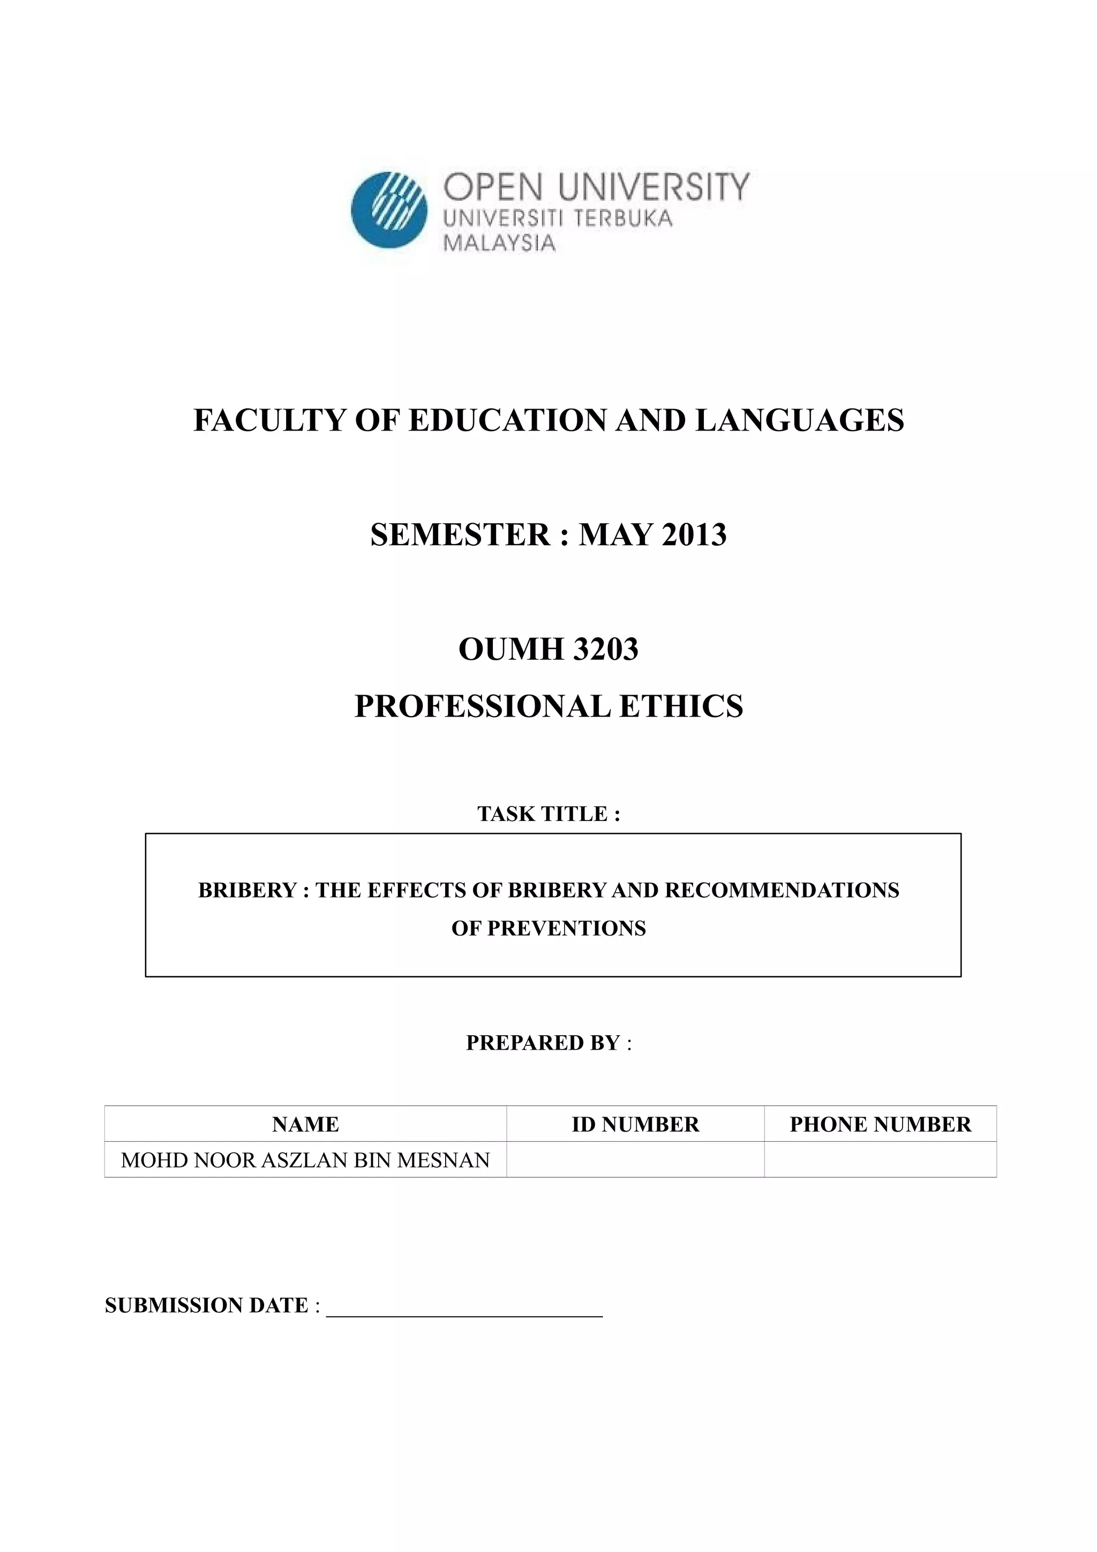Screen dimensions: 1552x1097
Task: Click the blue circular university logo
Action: coord(389,209)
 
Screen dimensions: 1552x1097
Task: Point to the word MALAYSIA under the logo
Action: coord(499,243)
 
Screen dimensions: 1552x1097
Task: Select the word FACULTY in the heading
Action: coord(268,420)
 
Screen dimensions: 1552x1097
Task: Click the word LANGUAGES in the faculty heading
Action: coord(800,420)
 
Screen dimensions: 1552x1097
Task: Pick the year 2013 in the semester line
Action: coord(694,534)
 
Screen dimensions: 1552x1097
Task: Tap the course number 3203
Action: coord(604,650)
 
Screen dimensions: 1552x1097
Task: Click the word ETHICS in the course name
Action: coord(681,706)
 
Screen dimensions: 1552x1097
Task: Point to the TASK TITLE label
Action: coord(548,813)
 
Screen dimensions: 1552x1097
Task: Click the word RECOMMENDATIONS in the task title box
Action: coord(782,890)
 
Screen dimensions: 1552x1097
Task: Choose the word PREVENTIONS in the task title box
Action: coord(566,928)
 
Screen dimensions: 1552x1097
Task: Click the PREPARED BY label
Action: coord(548,1042)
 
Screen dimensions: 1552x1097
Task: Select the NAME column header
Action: coord(305,1124)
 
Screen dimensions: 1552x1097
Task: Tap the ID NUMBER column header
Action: coord(635,1124)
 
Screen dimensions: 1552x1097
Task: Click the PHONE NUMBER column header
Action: coord(880,1124)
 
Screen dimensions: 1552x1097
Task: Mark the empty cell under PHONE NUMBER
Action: coord(880,1160)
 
